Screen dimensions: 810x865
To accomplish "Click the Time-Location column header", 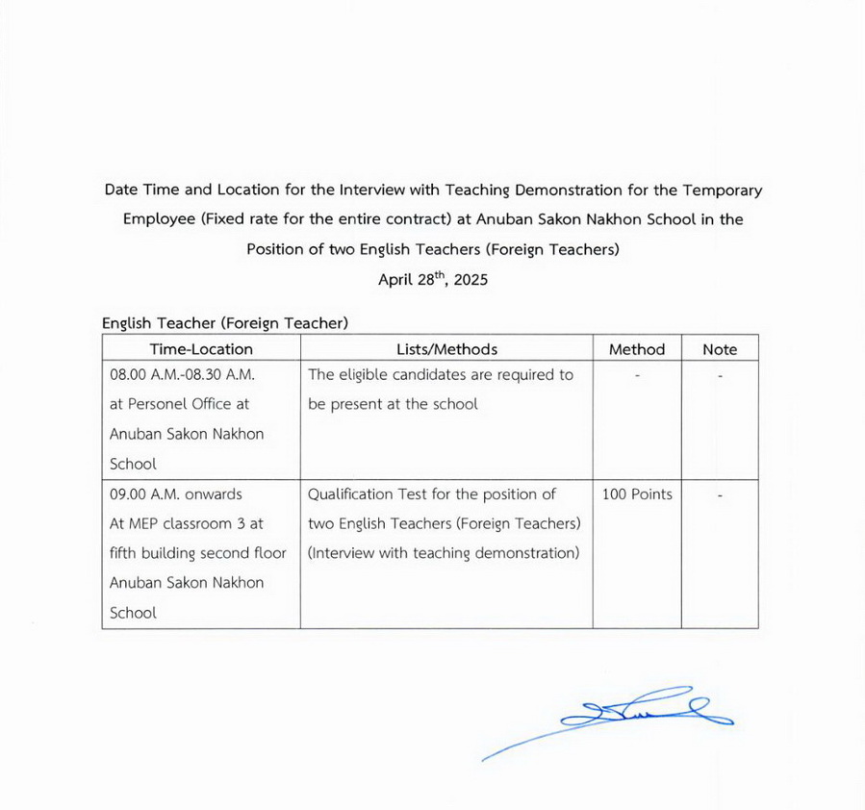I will (201, 349).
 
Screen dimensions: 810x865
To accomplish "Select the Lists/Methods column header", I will (446, 349).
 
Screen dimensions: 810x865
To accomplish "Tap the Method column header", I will (636, 349).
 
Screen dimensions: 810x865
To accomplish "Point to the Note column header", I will (720, 349).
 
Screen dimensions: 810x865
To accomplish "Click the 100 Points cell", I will (637, 494).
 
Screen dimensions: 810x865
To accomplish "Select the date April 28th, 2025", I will (432, 281).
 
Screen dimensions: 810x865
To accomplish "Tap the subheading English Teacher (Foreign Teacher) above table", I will (225, 323).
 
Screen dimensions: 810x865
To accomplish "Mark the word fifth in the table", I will (126, 553).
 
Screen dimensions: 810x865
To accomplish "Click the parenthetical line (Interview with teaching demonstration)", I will (444, 553).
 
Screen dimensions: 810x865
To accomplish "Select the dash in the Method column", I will (637, 375).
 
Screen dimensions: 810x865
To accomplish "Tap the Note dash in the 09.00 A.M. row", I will (720, 495).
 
